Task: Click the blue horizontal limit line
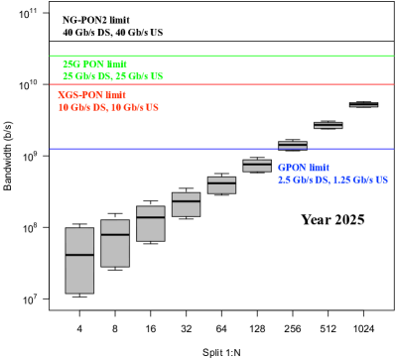(x=159, y=149)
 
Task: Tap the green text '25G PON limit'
(x=94, y=64)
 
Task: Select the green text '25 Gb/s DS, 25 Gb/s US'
(x=113, y=76)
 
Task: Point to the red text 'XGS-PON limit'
(x=92, y=95)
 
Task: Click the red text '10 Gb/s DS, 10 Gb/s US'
(x=108, y=107)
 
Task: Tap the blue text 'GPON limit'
(x=303, y=168)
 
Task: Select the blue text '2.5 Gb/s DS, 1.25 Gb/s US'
(x=332, y=180)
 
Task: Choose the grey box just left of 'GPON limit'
(x=257, y=167)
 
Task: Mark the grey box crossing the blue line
(x=293, y=145)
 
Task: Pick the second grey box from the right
(x=328, y=125)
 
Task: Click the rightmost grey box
(x=363, y=104)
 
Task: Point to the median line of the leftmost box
(x=79, y=255)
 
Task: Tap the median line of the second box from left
(x=115, y=234)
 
